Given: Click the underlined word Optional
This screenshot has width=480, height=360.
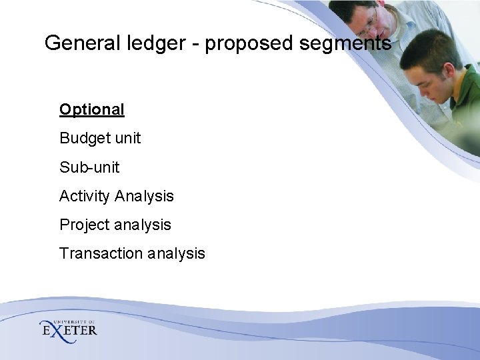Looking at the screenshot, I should coord(92,109).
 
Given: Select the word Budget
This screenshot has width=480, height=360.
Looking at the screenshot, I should coord(83,138).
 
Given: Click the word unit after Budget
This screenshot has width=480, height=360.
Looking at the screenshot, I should coord(127,138).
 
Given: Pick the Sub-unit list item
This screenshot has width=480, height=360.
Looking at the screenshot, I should coord(89,167).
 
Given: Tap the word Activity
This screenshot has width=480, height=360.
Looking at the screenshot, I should coord(85,197).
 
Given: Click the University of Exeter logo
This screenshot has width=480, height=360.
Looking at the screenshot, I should coord(68,328).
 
